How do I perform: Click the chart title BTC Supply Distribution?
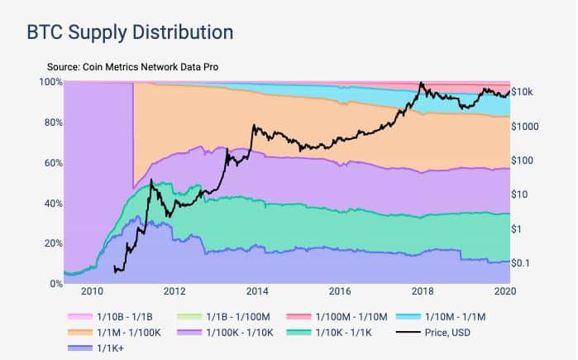(x=130, y=32)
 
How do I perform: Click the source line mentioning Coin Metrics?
(x=137, y=66)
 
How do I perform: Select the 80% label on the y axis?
(x=50, y=122)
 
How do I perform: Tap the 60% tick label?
(x=50, y=163)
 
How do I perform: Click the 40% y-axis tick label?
(x=50, y=204)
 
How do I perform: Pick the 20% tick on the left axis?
(x=50, y=243)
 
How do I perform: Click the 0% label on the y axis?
(x=53, y=284)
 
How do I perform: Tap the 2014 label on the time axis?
(x=257, y=291)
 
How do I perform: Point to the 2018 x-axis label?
(x=423, y=291)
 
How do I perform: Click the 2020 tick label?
(x=505, y=291)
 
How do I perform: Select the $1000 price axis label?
(x=526, y=126)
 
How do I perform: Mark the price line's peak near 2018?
(x=422, y=83)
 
